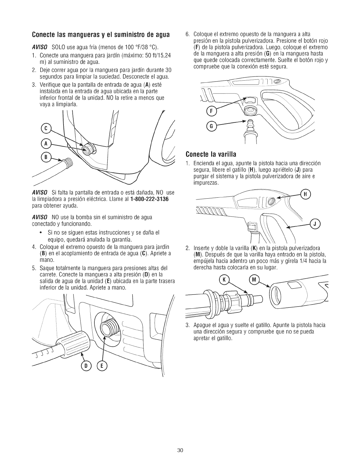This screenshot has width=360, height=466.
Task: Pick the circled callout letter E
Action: pos(103,366)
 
